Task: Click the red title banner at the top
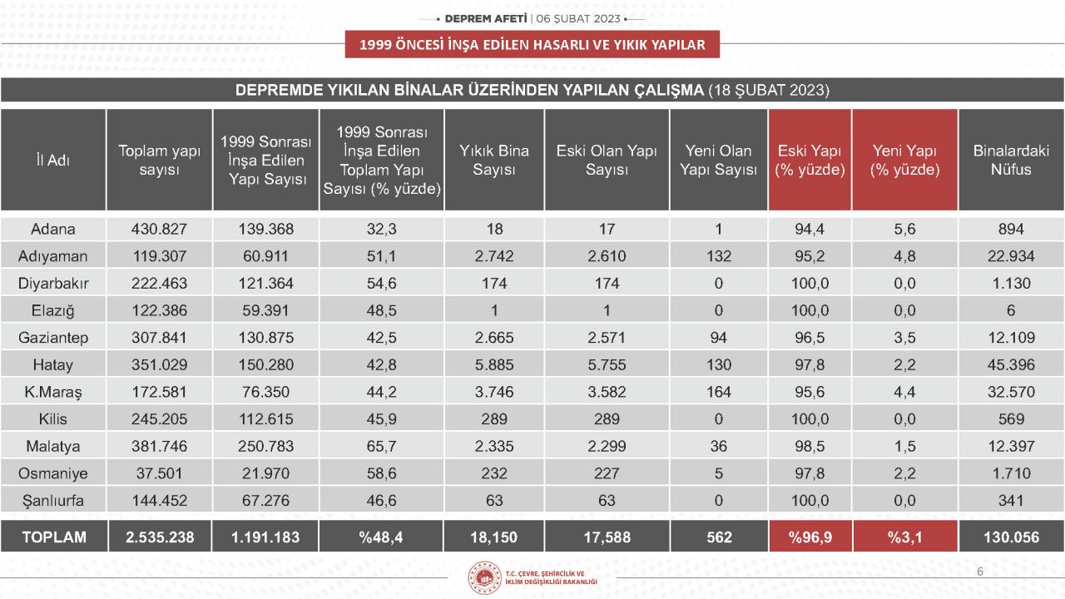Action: pos(532,45)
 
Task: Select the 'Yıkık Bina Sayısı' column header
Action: pos(494,161)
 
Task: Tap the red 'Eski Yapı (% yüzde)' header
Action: pos(810,161)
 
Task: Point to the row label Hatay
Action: pos(53,364)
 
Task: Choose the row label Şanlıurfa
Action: pos(53,501)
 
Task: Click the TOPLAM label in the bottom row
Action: pos(53,537)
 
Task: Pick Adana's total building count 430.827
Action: pos(159,229)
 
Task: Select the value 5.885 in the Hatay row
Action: pos(494,364)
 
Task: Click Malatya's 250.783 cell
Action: pos(265,446)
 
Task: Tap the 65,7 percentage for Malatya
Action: pos(381,446)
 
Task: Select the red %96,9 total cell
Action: pos(810,537)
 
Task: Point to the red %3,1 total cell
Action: pos(904,537)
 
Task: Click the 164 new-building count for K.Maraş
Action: pos(719,392)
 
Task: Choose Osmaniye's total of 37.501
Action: pos(159,473)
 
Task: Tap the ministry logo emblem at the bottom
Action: pos(483,577)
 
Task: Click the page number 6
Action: pos(980,572)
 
